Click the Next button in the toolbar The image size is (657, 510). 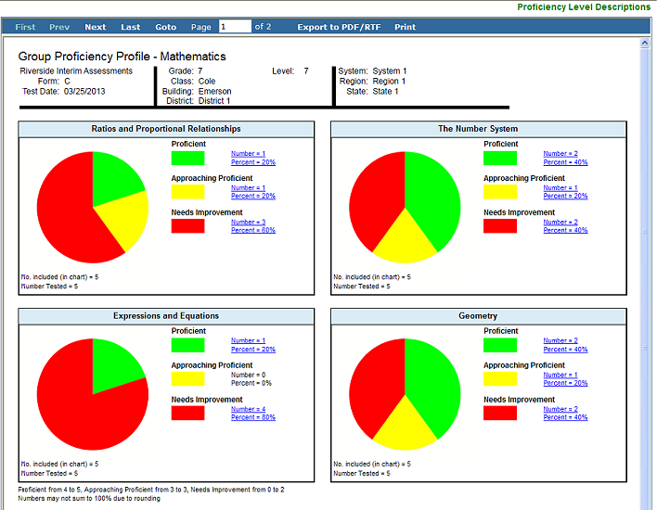coord(95,27)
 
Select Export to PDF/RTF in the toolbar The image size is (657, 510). coord(339,27)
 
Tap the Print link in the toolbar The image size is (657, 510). coord(405,27)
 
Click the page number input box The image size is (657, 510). coord(235,26)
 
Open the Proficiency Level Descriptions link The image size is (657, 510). coord(584,7)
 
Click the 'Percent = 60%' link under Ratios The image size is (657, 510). coord(253,230)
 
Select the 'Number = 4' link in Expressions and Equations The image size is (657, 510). coord(248,409)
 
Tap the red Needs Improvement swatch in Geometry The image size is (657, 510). coord(500,413)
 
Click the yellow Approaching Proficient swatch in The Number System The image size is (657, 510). coord(500,192)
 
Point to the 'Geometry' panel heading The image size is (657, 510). coord(478,315)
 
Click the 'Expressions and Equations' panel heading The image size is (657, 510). coord(166,315)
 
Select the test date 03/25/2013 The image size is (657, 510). coord(84,91)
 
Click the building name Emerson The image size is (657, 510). coord(214,91)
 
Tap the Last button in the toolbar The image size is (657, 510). coord(130,27)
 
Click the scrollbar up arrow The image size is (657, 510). coord(645,43)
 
